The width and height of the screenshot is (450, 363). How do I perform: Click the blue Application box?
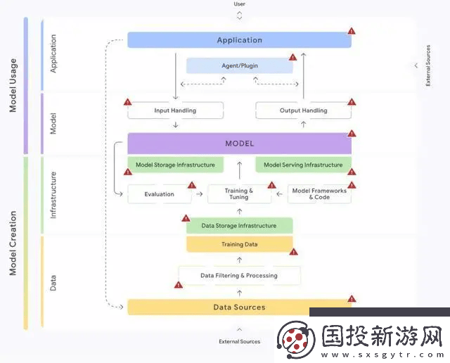239,40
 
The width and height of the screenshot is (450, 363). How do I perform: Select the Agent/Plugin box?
239,66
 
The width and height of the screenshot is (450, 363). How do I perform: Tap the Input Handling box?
175,110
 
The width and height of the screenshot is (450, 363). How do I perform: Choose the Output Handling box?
303,110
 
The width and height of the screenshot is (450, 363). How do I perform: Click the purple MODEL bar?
239,144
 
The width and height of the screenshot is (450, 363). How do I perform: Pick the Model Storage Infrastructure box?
175,165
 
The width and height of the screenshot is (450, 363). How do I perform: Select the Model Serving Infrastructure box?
303,165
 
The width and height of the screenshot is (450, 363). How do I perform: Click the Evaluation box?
159,194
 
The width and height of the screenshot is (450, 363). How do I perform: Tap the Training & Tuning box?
239,194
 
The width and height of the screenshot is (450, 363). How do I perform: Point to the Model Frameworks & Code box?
319,194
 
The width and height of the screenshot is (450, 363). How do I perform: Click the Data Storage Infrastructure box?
239,226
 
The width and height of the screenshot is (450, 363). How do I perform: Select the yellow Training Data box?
239,244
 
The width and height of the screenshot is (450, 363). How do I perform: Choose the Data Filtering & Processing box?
239,275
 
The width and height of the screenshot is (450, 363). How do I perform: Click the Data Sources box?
239,307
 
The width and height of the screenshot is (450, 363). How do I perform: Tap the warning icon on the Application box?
352,32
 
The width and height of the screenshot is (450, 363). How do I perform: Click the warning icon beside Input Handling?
127,102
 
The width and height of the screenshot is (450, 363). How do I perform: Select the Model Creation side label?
13,243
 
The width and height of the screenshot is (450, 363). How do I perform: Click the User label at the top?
239,4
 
